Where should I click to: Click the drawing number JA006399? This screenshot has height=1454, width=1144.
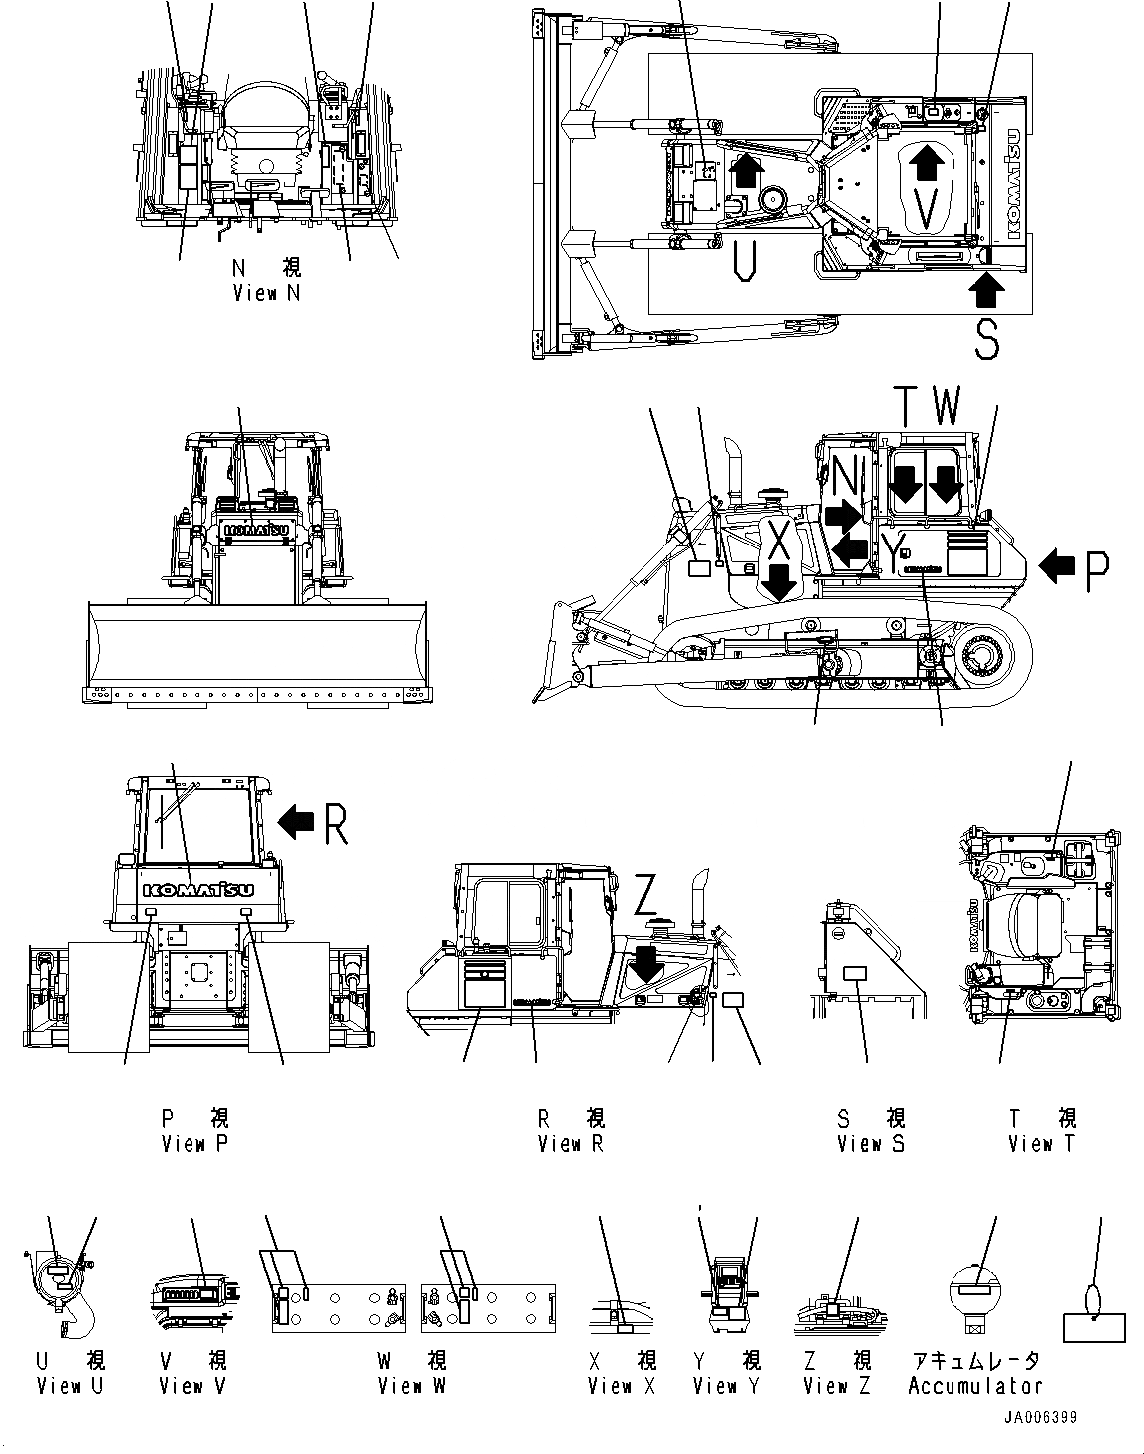point(1040,1418)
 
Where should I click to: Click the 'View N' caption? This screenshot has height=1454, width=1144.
point(265,293)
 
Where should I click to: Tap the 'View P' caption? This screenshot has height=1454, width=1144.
point(194,1144)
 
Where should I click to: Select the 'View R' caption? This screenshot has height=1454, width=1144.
point(571,1144)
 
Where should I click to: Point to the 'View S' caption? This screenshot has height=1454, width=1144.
point(871,1144)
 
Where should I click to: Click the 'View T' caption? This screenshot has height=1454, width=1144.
point(1041,1144)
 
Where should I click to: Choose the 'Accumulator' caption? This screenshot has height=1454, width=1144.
point(974,1386)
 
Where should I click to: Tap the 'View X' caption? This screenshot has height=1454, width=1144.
point(622,1386)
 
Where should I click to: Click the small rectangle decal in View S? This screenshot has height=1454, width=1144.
point(855,973)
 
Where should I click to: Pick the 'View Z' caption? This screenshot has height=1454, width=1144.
point(838,1386)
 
